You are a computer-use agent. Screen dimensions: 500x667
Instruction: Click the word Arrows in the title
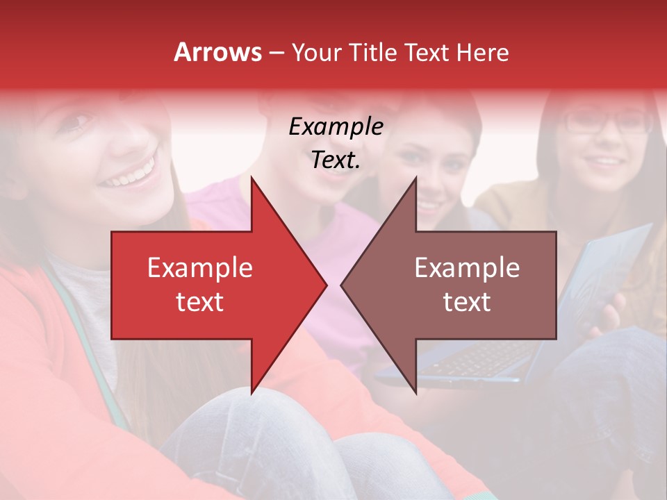pos(218,52)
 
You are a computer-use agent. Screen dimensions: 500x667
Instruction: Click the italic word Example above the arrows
pos(336,127)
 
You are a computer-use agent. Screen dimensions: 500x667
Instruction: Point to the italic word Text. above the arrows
pos(336,160)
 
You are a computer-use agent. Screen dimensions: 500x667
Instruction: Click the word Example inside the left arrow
pos(200,267)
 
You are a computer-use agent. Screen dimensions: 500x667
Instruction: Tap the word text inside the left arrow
pos(200,302)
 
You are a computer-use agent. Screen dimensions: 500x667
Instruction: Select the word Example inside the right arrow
pos(467,267)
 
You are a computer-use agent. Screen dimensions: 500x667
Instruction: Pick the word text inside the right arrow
pos(467,302)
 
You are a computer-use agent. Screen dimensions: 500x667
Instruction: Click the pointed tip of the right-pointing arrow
pos(325,285)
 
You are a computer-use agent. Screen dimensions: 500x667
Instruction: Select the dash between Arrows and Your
pos(276,53)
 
